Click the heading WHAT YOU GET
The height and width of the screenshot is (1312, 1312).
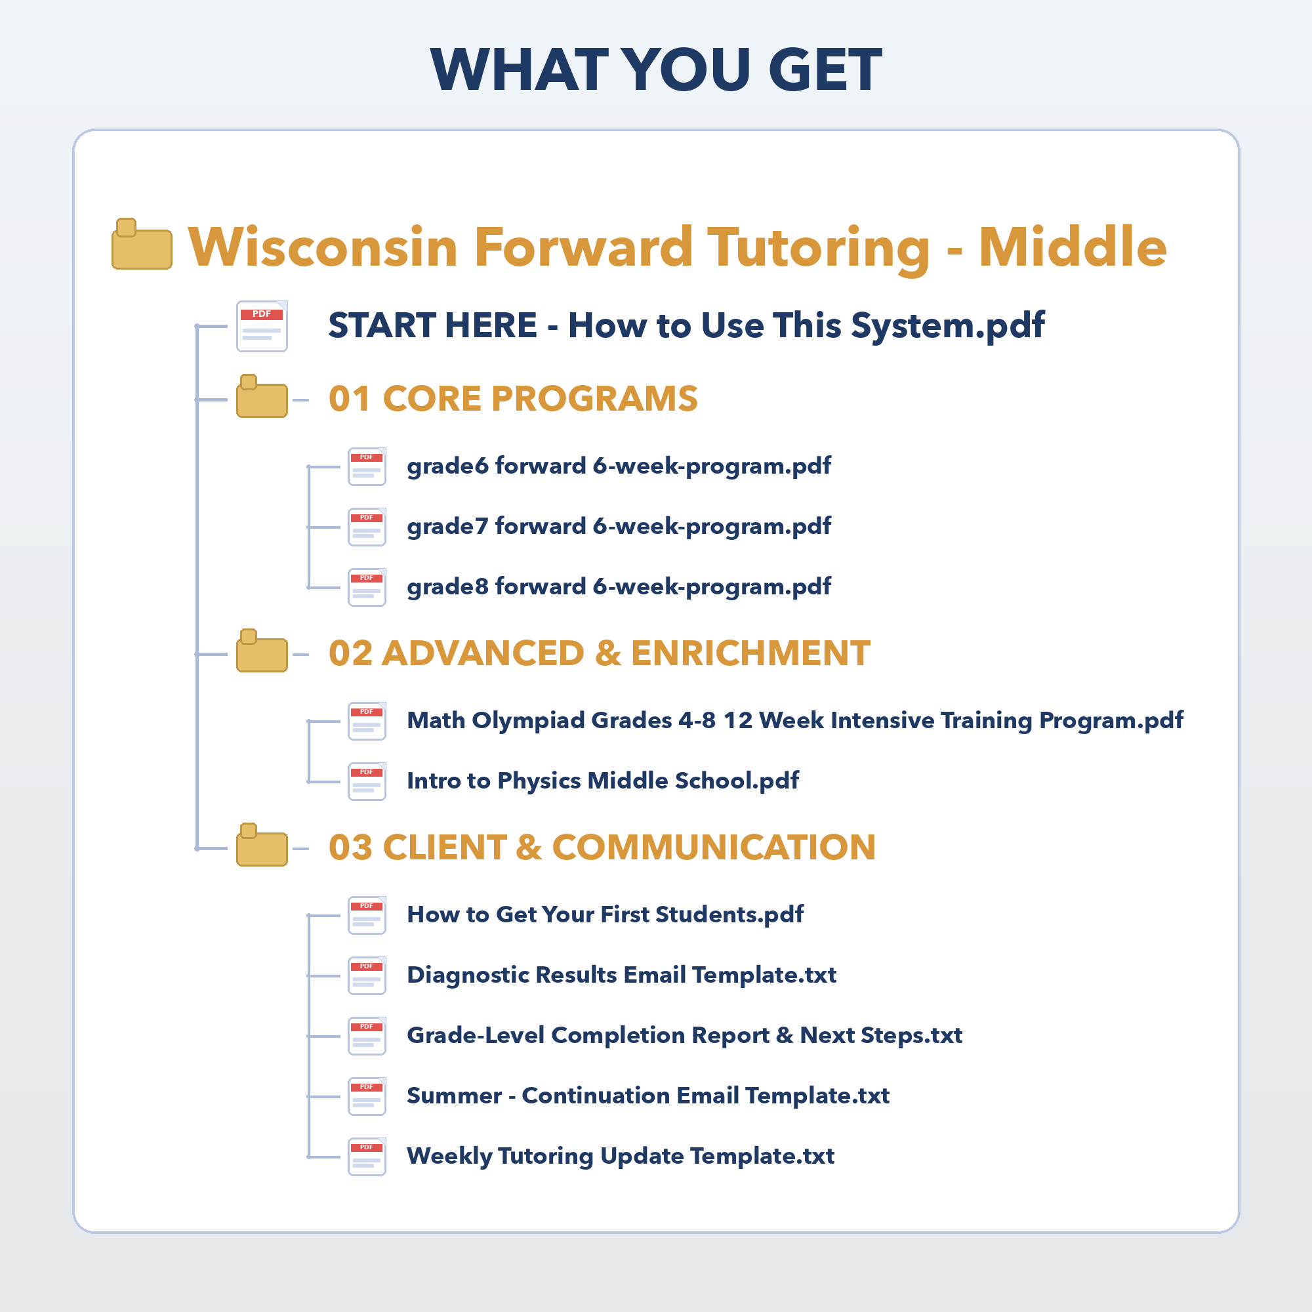click(656, 70)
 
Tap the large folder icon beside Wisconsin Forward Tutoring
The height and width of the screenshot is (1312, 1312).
click(142, 245)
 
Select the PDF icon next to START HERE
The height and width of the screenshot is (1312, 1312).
click(262, 326)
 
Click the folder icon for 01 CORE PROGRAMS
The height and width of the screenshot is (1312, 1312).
click(262, 397)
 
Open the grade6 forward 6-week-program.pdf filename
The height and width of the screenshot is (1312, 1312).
click(619, 466)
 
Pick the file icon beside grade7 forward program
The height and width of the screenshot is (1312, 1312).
click(367, 527)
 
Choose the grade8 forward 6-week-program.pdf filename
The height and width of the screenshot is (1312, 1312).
click(619, 587)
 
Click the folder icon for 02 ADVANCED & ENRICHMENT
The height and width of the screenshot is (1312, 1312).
click(262, 651)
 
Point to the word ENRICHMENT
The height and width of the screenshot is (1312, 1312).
click(750, 653)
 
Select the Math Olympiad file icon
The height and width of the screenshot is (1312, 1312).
click(367, 721)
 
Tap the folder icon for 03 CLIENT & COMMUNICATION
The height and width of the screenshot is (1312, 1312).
click(262, 846)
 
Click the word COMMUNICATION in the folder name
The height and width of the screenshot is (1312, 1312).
click(714, 848)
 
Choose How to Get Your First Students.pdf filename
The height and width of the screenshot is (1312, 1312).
click(605, 915)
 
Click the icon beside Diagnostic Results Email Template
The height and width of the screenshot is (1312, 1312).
click(367, 976)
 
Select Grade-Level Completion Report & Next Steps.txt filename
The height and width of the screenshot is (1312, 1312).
click(684, 1036)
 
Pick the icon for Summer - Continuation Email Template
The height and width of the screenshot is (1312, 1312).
click(367, 1097)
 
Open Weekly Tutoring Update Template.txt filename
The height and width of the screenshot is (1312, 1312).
click(621, 1157)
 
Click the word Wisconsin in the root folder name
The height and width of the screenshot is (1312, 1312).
click(323, 247)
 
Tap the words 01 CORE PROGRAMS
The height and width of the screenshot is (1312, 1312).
click(514, 399)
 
